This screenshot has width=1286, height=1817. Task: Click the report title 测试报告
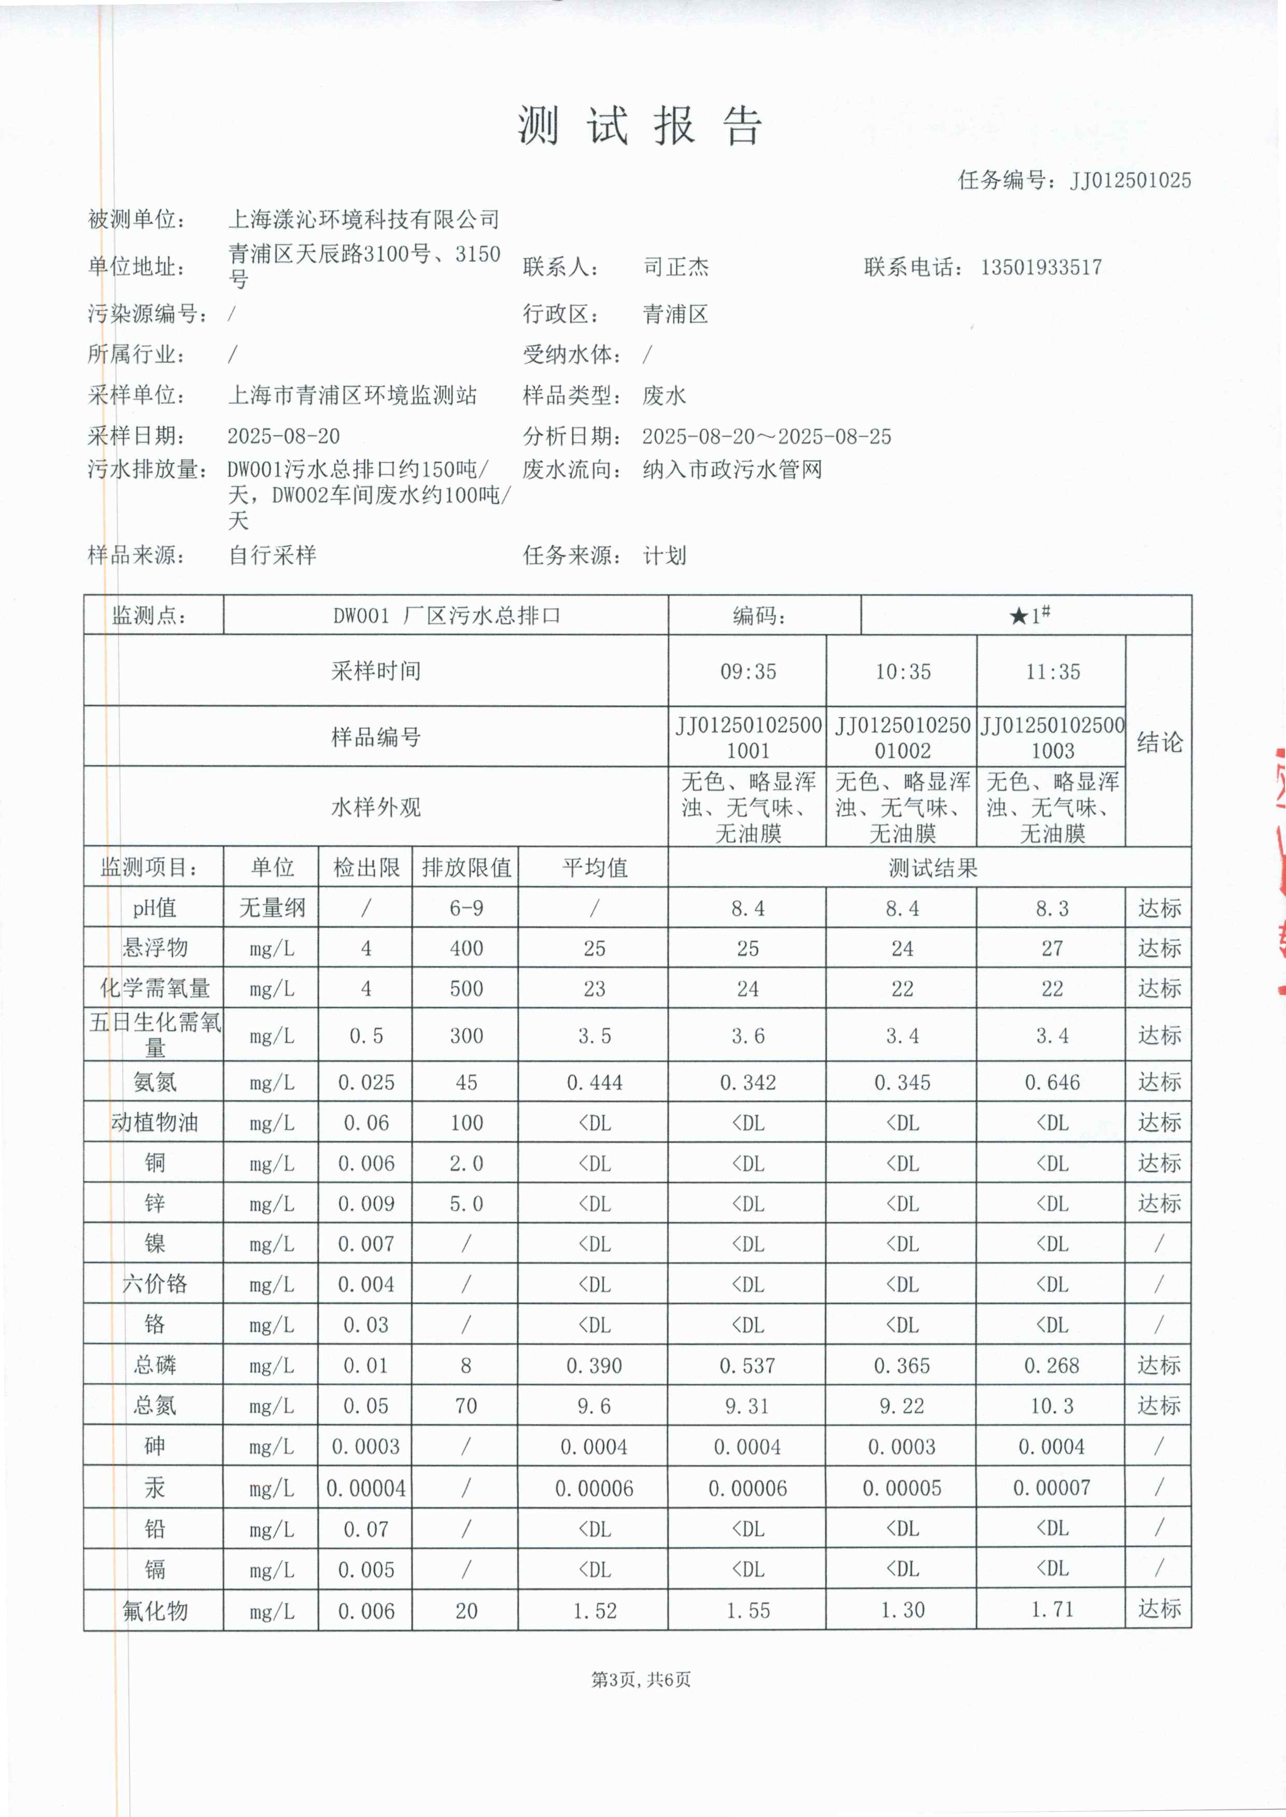[x=640, y=125]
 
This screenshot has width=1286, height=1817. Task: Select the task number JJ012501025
[x=1130, y=180]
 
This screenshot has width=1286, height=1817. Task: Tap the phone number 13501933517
[x=1040, y=267]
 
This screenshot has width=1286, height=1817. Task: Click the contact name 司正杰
[x=675, y=267]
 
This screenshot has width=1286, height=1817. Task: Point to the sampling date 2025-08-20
[x=284, y=436]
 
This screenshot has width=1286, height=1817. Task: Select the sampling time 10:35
[x=902, y=672]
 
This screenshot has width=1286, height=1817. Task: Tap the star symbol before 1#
[x=1019, y=616]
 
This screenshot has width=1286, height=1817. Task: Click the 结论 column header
[x=1160, y=742]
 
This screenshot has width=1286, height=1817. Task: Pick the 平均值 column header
[x=594, y=868]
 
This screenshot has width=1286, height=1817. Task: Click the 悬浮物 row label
[x=154, y=948]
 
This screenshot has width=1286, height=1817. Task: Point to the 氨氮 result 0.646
[x=1052, y=1082]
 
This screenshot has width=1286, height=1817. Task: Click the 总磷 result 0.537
[x=747, y=1365]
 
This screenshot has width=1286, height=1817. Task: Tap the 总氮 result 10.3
[x=1052, y=1406]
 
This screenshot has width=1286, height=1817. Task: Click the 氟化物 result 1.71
[x=1052, y=1610]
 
